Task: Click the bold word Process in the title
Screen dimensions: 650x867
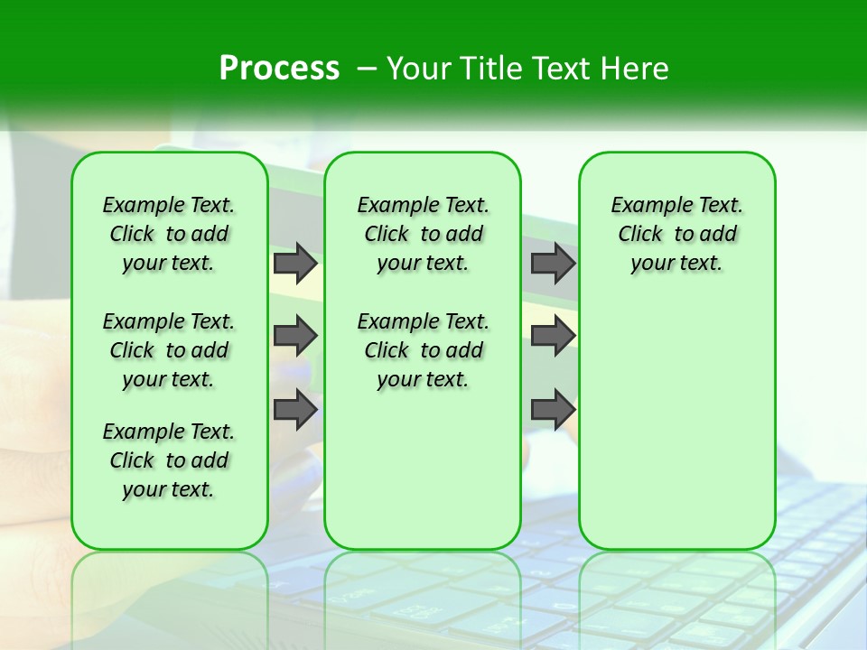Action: (279, 69)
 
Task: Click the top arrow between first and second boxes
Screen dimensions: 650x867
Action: (295, 263)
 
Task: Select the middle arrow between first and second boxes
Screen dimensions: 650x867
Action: (295, 337)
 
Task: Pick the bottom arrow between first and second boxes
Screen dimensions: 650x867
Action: (295, 410)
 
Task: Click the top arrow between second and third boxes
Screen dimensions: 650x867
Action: (553, 263)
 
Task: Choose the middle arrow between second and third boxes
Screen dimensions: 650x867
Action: (553, 337)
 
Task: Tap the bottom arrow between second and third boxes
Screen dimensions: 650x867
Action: (553, 410)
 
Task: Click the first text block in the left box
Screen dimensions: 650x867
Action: (169, 234)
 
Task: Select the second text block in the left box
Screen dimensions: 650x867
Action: (169, 350)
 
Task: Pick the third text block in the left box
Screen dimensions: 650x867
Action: (169, 460)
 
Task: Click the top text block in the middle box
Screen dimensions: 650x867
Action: (423, 234)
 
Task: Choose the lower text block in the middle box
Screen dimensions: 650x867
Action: (423, 350)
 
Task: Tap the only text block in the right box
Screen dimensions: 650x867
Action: (676, 234)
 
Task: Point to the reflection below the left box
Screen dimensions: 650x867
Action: (170, 587)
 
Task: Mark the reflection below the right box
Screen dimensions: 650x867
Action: (676, 587)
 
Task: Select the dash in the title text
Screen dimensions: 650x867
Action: (367, 69)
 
